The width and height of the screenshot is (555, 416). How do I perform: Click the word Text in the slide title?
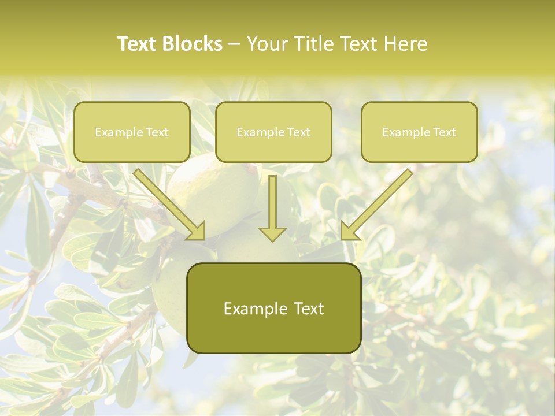coord(139,44)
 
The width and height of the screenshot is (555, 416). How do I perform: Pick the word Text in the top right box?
coord(444,132)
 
